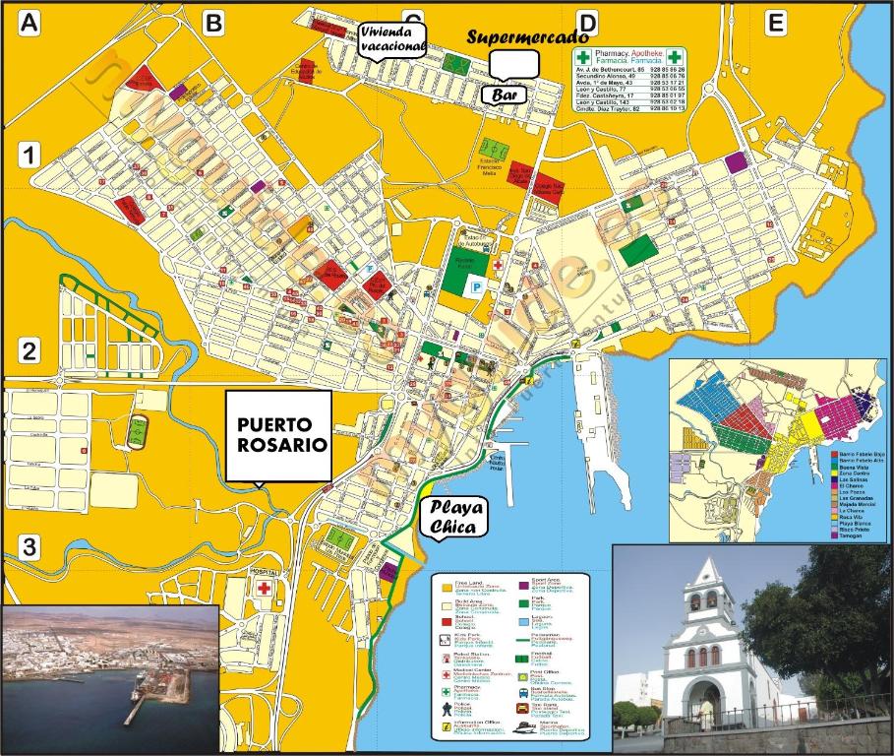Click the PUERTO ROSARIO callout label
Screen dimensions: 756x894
point(278,435)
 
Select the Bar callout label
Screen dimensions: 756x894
point(504,94)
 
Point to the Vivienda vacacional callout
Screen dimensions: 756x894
point(392,38)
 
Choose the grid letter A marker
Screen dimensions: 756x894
point(31,24)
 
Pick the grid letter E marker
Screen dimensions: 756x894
point(776,23)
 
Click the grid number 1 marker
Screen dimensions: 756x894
point(30,155)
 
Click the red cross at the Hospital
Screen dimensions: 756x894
point(264,588)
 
